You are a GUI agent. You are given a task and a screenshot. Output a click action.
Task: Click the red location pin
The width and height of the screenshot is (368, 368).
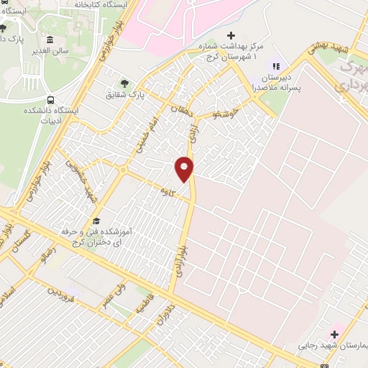coord(185,168)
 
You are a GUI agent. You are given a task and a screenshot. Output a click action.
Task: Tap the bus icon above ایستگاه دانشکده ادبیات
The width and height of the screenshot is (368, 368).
coord(50,100)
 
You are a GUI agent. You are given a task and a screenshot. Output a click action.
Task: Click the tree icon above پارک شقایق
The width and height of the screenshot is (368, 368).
coord(124,83)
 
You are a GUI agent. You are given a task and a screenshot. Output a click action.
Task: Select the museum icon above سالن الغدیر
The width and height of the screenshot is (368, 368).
coord(50,40)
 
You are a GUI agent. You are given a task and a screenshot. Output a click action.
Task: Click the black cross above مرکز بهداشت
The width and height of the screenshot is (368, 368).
coord(230,35)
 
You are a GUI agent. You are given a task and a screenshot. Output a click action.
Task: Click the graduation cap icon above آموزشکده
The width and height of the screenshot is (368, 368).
coord(96,220)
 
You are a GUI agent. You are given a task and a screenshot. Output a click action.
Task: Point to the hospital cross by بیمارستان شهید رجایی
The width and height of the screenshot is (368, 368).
coord(334,333)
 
